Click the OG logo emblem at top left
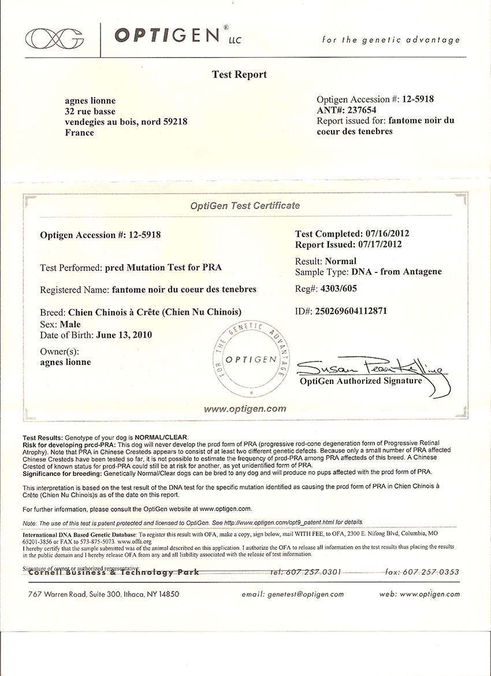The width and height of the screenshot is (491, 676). click(x=54, y=38)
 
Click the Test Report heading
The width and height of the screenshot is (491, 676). click(x=239, y=75)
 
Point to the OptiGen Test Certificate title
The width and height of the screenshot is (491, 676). click(x=245, y=205)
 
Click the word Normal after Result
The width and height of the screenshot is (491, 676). click(x=341, y=261)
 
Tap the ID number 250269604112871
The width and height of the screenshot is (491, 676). click(x=351, y=311)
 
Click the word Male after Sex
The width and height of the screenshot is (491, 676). click(x=70, y=324)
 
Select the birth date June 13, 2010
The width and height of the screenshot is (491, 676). click(x=124, y=335)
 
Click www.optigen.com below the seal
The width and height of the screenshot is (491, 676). click(x=245, y=408)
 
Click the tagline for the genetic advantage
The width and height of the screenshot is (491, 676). click(x=391, y=40)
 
